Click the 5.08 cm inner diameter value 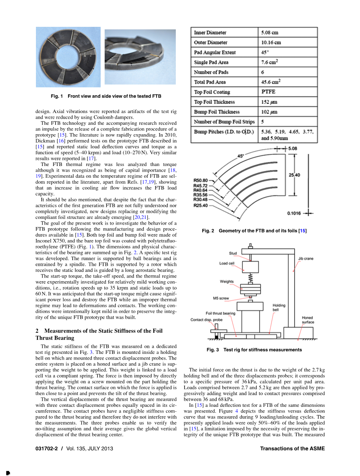270,33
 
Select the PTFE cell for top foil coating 268,92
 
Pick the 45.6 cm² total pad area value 271,82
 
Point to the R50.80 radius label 200,181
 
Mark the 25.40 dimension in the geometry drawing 294,175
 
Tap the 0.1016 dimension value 294,214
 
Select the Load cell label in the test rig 227,263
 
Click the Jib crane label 306,259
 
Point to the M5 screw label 221,298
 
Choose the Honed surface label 307,320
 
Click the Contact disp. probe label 206,320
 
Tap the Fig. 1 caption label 57,96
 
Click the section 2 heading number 37,331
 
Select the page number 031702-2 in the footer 46,449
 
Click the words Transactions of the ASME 292,449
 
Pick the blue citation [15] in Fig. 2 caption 303,231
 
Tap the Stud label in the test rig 233,253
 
